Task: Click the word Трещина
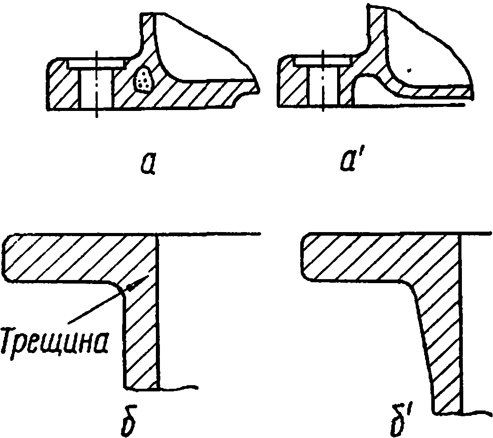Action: (56, 341)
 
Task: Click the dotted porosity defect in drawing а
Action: (143, 79)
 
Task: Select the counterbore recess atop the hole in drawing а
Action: (95, 63)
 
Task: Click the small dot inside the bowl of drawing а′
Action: (410, 70)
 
